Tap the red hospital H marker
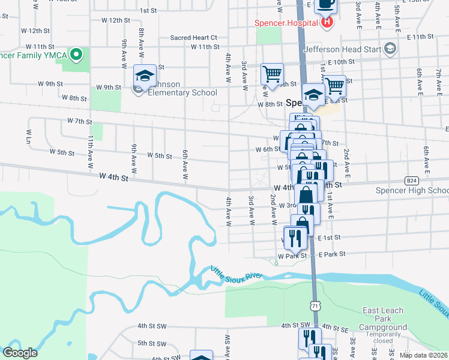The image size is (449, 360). (327, 23)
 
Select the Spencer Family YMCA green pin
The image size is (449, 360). (76, 55)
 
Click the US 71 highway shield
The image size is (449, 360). (315, 306)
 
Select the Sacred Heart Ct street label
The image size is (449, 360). (193, 37)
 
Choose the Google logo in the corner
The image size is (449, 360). (20, 353)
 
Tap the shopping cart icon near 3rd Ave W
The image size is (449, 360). (272, 75)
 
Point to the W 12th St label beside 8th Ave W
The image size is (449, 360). (116, 20)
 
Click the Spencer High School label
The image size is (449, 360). (412, 191)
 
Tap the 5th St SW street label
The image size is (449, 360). (151, 343)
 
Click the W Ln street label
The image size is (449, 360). (28, 134)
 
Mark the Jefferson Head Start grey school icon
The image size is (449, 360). (391, 48)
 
